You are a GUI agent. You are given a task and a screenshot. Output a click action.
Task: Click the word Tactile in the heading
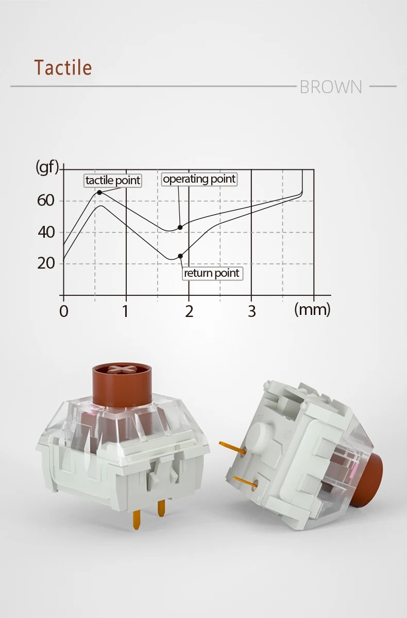tap(63, 67)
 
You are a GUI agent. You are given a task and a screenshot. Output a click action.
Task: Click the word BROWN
tap(331, 87)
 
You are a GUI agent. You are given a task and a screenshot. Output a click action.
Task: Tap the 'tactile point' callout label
tap(113, 181)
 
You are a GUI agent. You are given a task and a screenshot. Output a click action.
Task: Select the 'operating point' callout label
tap(199, 179)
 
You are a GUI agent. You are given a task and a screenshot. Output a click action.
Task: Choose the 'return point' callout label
tap(212, 273)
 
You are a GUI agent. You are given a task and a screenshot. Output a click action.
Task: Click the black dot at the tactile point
tap(99, 192)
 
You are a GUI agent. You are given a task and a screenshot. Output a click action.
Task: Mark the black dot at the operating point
tap(180, 227)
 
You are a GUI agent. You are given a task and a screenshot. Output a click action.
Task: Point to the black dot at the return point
tap(180, 256)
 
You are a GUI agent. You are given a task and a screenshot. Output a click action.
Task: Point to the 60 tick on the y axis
tap(45, 201)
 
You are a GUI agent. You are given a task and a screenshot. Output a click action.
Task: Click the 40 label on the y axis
tap(46, 232)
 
